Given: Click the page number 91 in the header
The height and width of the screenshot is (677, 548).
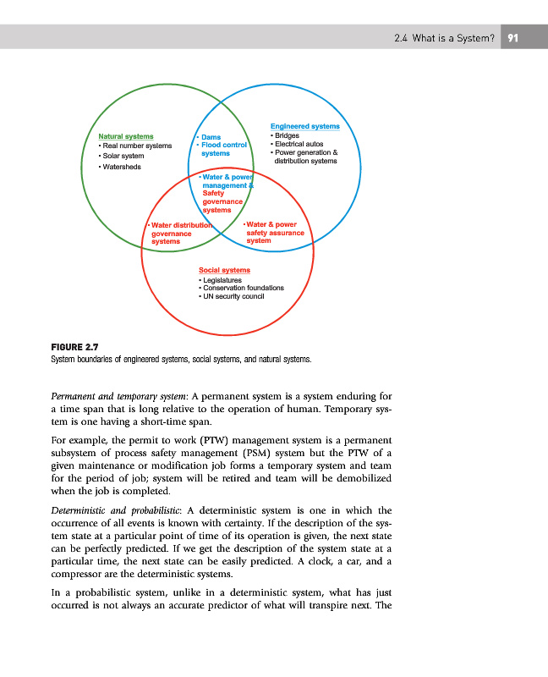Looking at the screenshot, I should (513, 37).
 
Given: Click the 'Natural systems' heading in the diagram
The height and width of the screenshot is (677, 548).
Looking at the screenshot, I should (126, 135).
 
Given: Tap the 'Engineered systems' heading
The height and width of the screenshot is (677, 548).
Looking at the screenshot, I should (304, 126).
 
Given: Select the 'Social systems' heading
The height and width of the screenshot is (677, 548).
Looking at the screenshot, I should (225, 270).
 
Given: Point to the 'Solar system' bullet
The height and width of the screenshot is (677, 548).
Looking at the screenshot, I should (123, 156).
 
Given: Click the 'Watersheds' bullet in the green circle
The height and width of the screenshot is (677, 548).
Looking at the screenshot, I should (122, 166).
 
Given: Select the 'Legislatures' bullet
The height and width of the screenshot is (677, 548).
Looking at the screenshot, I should (222, 280).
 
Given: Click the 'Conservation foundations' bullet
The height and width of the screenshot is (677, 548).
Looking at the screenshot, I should (243, 289).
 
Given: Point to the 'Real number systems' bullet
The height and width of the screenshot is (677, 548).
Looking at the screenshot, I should (137, 146).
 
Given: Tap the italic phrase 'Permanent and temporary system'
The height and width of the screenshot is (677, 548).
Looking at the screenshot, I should (121, 396).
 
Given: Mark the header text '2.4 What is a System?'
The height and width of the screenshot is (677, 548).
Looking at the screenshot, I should (444, 37).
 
